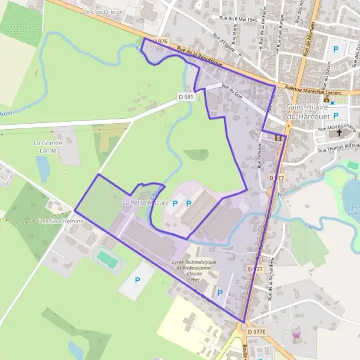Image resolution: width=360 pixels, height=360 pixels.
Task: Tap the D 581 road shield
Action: coord(185,96)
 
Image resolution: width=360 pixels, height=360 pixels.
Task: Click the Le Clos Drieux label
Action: coord(103,11)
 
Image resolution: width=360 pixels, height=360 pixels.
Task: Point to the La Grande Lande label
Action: coord(48,146)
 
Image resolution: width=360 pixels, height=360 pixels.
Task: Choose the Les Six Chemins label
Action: coord(60,221)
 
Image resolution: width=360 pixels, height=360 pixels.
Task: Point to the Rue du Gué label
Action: coord(231,91)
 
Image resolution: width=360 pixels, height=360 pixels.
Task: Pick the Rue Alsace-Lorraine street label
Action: coord(337,128)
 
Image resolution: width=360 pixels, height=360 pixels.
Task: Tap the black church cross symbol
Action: coord(339,135)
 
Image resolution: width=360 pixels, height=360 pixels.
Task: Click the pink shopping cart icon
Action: coord(296,337)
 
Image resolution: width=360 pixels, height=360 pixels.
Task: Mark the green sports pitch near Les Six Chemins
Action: coord(108,259)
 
